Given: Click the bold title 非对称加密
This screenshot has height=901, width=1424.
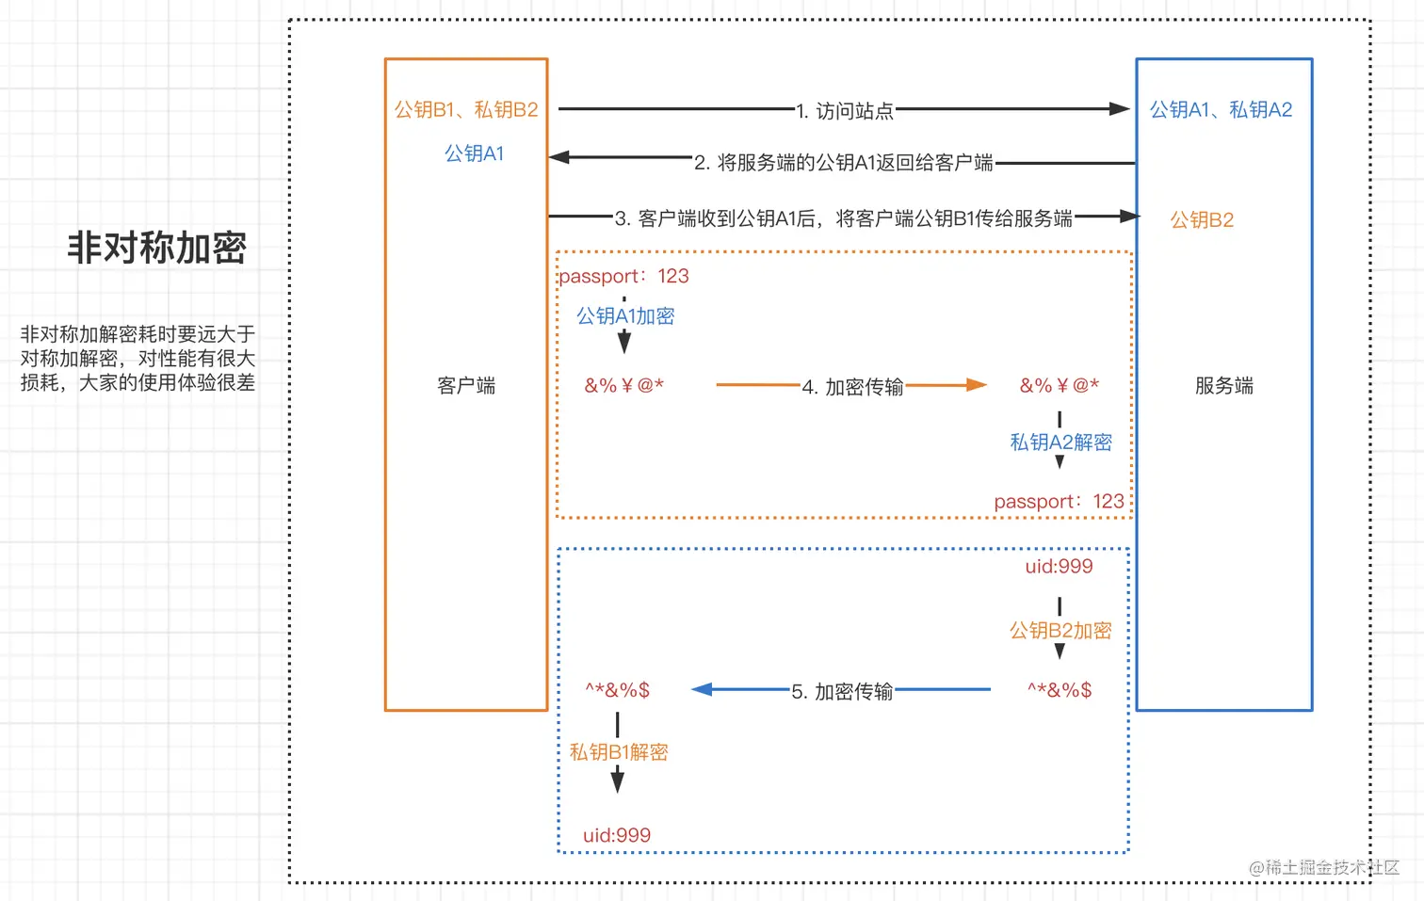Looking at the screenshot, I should pos(156,248).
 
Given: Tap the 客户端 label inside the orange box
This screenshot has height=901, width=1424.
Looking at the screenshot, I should pos(466,385).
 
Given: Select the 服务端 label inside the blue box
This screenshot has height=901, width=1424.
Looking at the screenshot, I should pos(1223,385).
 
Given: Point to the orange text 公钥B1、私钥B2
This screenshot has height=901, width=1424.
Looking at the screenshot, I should pos(466,110).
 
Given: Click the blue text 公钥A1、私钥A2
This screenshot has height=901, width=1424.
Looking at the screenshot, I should pos(1221,110).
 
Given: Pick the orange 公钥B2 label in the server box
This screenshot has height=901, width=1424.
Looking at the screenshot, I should pos(1202,220).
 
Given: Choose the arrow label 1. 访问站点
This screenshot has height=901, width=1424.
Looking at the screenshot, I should pos(845,111).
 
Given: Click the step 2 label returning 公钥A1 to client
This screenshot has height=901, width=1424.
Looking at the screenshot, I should pos(844,163).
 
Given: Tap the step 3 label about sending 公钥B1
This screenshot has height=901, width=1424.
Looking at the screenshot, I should pos(844,218).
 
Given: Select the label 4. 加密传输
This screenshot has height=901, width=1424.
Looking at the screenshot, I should pos(852,387).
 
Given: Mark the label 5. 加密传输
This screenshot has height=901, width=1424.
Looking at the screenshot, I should pos(842,692).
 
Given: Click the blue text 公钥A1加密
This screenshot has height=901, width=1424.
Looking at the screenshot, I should pos(625,316).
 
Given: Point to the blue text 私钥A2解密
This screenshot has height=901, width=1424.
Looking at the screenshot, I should pos(1060,442).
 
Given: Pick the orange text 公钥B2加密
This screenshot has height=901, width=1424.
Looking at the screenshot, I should pos(1060,631).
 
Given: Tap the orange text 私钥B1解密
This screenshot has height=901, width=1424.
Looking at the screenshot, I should pos(619,752).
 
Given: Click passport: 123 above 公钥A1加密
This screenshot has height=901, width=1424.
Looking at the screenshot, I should pos(623,276).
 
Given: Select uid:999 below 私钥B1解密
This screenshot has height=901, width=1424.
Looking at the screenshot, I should pos(617,835).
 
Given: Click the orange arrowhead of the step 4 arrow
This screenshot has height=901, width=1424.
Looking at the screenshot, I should pos(977,385).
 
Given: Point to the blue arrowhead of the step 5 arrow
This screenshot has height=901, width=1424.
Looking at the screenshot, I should pos(702,690).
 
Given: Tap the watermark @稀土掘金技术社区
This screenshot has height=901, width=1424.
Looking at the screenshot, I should pos(1323,867).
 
